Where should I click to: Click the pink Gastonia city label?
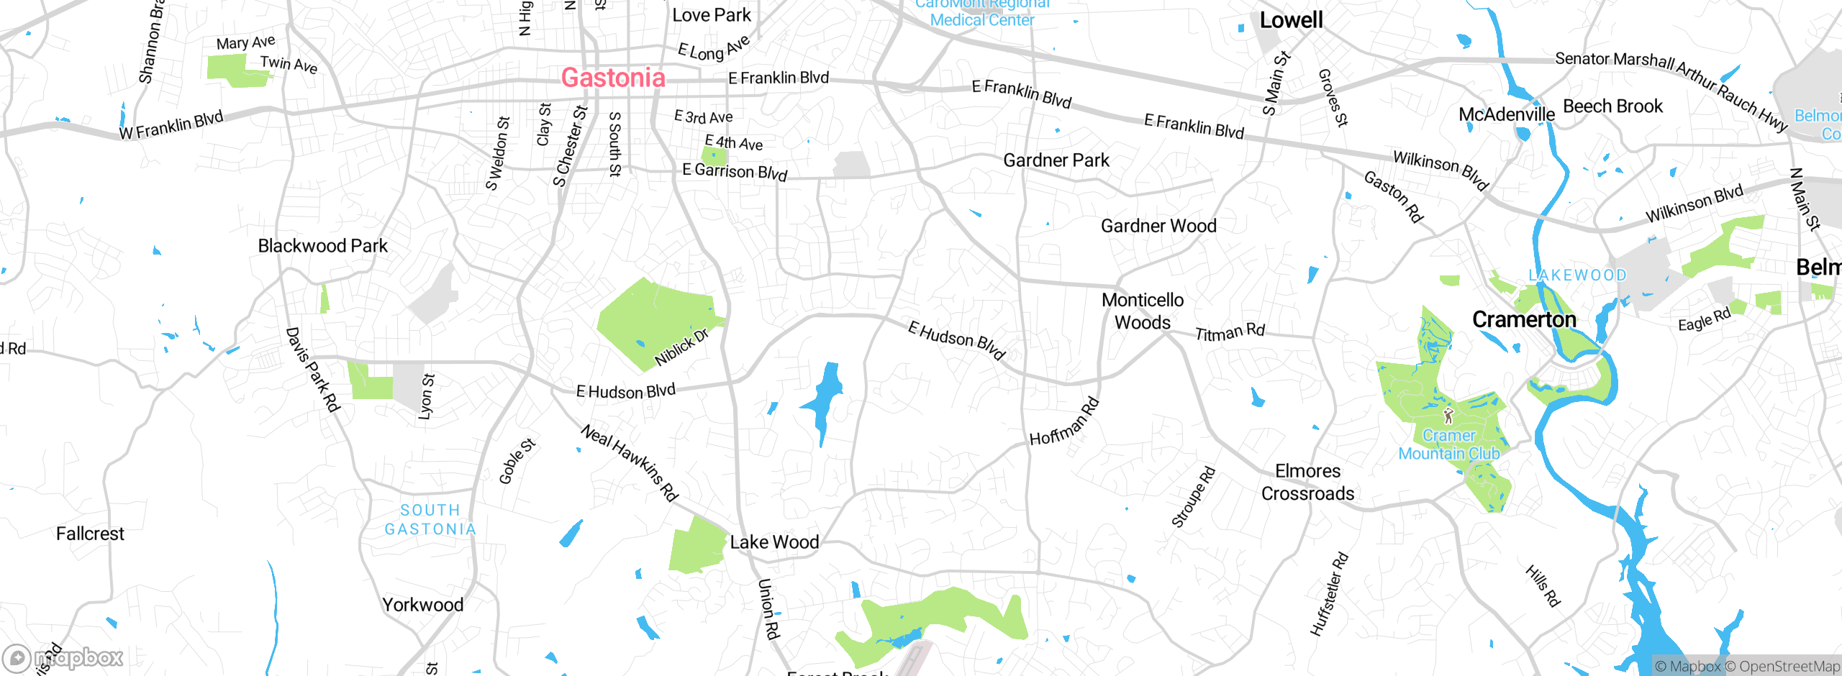(613, 78)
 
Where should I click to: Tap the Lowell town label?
(1291, 20)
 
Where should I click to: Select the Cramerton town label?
(1524, 319)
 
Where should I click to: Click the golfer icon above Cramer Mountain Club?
(1448, 416)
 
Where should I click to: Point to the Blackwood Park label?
(322, 246)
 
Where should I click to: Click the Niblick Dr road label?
(681, 347)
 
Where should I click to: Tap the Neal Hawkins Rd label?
(630, 462)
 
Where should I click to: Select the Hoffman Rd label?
(1064, 421)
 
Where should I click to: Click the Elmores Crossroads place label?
(1307, 482)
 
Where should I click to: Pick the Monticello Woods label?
(1143, 311)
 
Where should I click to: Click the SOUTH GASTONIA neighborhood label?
(430, 519)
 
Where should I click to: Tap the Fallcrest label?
(90, 534)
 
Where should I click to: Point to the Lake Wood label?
(774, 542)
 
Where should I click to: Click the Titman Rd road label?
(1230, 332)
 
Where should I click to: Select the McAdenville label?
(1507, 114)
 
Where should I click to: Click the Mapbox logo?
(63, 657)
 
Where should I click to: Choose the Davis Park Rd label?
(312, 370)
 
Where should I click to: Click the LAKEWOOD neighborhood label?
(1577, 275)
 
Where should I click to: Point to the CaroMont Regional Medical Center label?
(982, 13)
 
